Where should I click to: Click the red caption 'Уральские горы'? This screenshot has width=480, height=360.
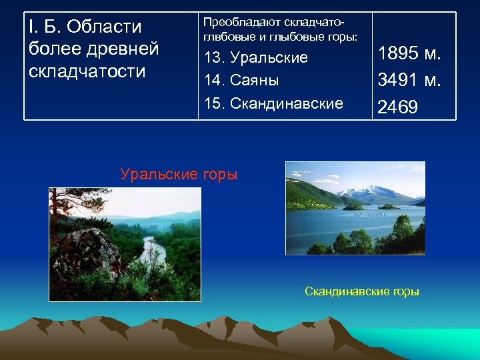[179, 175]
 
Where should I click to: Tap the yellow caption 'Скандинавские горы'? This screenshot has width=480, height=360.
[361, 291]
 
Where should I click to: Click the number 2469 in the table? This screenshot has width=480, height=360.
[398, 107]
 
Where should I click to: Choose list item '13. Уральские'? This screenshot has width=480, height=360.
[256, 57]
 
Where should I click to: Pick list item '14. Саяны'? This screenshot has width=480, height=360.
[241, 80]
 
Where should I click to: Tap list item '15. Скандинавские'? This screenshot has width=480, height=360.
[274, 103]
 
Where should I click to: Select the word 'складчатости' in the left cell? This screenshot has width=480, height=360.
[87, 71]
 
